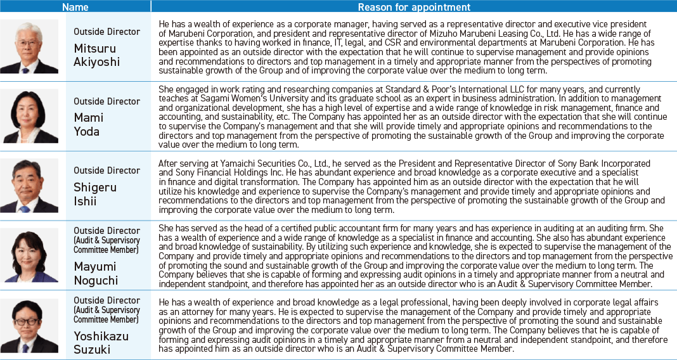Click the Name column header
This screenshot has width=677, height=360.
point(75,7)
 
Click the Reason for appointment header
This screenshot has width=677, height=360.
point(414,7)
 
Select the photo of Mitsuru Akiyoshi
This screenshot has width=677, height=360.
point(29,47)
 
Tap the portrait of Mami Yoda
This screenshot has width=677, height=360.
point(29,116)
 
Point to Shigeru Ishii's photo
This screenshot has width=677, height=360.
point(29,186)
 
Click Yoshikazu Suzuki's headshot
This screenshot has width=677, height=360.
point(29,325)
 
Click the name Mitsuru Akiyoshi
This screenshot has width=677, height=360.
point(97,55)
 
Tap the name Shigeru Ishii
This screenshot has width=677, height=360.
point(95,194)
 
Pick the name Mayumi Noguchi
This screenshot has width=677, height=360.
point(96,273)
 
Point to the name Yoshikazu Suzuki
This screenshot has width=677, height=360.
point(101,342)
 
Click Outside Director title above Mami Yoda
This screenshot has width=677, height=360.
point(106,101)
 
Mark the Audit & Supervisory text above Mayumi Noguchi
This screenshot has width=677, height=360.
point(106,240)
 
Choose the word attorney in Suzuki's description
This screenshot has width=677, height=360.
point(189,311)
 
